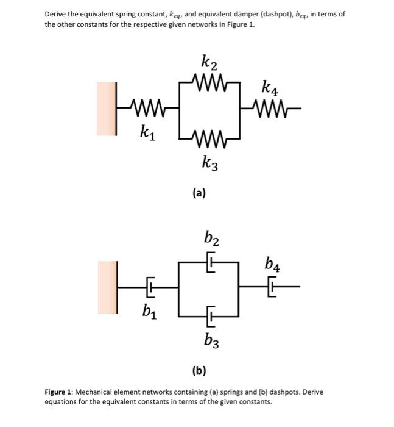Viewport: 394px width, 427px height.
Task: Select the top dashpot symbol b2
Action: coord(211,262)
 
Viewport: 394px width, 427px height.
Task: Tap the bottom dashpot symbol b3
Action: coord(211,316)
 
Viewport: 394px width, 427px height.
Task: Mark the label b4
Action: coord(272,264)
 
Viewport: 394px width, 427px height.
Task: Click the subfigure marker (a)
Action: coord(199,193)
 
